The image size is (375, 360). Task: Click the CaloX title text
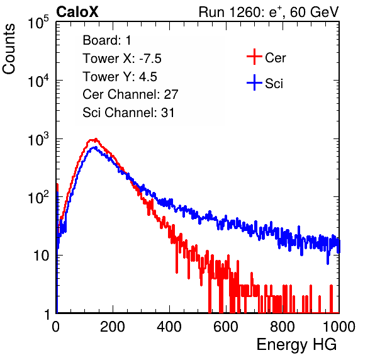pos(77,12)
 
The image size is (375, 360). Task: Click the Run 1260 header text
pos(269,12)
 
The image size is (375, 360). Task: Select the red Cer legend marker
pos(254,57)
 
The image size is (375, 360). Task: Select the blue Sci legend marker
pos(254,82)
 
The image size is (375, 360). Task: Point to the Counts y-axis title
pos(9,49)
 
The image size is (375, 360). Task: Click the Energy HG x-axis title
pos(296,345)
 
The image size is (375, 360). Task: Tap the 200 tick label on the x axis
pos(113,327)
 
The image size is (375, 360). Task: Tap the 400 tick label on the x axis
pos(169,327)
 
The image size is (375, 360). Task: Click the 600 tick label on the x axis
pos(226,327)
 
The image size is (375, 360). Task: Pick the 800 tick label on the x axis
pos(283,327)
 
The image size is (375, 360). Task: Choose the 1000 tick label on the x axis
pos(339,327)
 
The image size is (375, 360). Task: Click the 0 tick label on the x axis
pos(56,327)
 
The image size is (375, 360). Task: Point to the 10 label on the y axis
pos(42,256)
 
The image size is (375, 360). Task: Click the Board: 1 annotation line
pos(107,40)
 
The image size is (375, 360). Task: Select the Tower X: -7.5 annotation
pos(122,59)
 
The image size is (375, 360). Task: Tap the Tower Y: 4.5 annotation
pos(120,77)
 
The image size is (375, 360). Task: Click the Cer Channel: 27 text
pos(130,94)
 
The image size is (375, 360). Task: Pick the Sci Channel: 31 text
pos(128,113)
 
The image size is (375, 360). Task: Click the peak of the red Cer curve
pos(96,139)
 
